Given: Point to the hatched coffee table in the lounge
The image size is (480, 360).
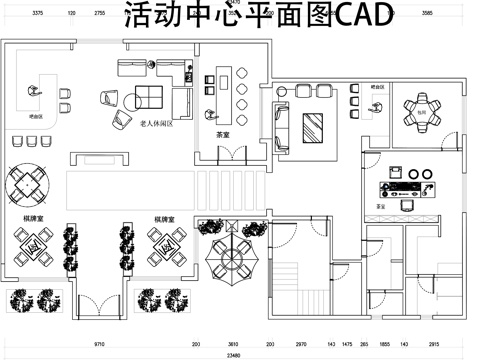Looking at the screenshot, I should click(313, 126).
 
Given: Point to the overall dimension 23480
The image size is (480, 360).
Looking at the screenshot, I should click(233, 354).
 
